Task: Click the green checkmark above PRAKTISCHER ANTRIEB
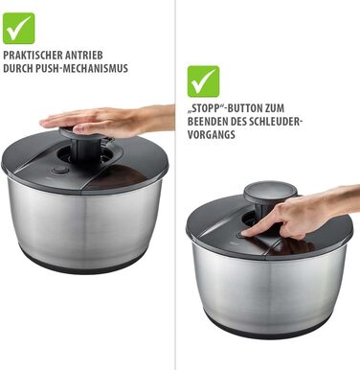click(19, 29)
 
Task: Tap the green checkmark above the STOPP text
click(203, 81)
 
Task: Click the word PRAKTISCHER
click(33, 55)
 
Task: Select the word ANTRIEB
click(83, 55)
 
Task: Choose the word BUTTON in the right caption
click(243, 108)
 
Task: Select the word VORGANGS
click(212, 134)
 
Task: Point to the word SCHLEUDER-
click(275, 122)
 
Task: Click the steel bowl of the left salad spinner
click(84, 223)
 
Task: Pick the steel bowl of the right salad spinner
click(269, 286)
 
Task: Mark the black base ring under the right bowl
click(268, 329)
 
